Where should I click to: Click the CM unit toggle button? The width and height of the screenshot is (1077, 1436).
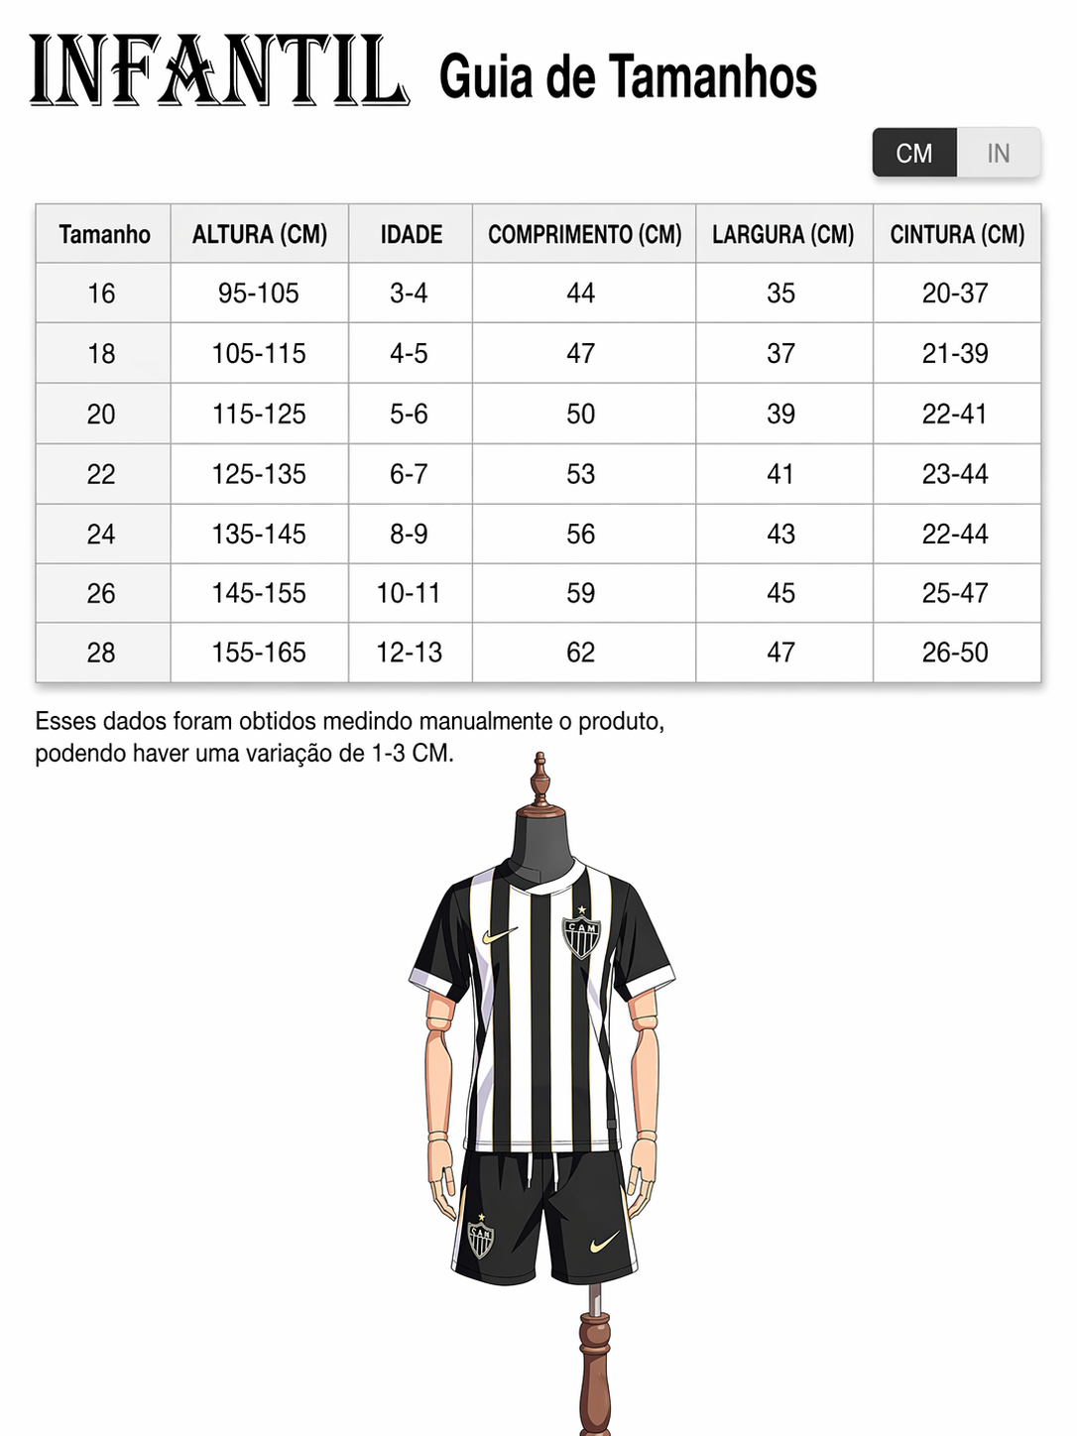(x=913, y=154)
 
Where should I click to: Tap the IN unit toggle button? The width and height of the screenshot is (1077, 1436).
(x=998, y=154)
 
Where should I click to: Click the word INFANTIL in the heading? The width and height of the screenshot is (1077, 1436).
(x=218, y=71)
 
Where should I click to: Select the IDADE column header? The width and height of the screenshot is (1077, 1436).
(x=411, y=235)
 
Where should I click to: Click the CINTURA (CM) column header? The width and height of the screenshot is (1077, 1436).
(x=956, y=235)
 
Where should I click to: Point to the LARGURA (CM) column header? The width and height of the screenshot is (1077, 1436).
(x=782, y=235)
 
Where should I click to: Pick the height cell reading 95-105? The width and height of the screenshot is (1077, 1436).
(x=258, y=294)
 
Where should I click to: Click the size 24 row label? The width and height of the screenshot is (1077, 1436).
(x=101, y=535)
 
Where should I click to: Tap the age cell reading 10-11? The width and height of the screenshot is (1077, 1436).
(x=409, y=594)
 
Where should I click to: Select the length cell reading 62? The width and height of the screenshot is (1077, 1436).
(x=581, y=653)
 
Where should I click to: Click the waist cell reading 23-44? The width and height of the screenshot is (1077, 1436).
(x=955, y=474)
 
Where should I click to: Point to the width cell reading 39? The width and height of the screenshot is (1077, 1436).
(x=781, y=415)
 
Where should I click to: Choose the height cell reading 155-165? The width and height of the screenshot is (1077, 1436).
(x=258, y=653)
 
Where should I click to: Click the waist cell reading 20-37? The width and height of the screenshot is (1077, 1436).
(x=955, y=294)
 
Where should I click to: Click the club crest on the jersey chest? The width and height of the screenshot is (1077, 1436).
(x=581, y=934)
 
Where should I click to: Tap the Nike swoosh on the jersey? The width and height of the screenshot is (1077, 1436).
(x=500, y=935)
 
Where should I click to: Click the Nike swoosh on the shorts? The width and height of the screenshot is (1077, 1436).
(x=604, y=1243)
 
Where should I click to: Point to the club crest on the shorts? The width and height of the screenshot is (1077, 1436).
(x=481, y=1238)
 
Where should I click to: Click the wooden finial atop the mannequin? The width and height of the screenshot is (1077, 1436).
(x=539, y=778)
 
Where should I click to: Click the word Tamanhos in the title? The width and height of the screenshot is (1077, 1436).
(x=712, y=77)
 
